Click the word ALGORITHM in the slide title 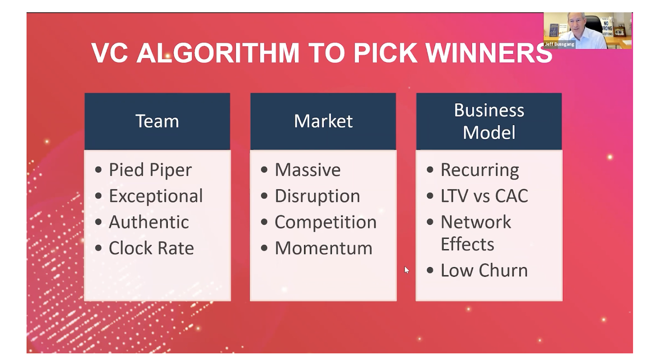(x=218, y=53)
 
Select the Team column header (x=157, y=121)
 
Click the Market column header (x=323, y=121)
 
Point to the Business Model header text (x=489, y=121)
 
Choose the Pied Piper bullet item (x=150, y=170)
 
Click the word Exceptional (x=156, y=196)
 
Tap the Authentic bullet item (x=149, y=222)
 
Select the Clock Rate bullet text (x=151, y=248)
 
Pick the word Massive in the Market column (x=308, y=170)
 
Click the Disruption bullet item (x=317, y=196)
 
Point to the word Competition (x=326, y=222)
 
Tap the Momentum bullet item (x=324, y=248)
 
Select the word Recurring (x=480, y=170)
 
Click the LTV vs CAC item (x=484, y=196)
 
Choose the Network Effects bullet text (x=476, y=233)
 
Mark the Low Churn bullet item (x=484, y=270)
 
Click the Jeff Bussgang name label (x=559, y=44)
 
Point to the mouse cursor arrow (x=407, y=270)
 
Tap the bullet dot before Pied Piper (x=99, y=170)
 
